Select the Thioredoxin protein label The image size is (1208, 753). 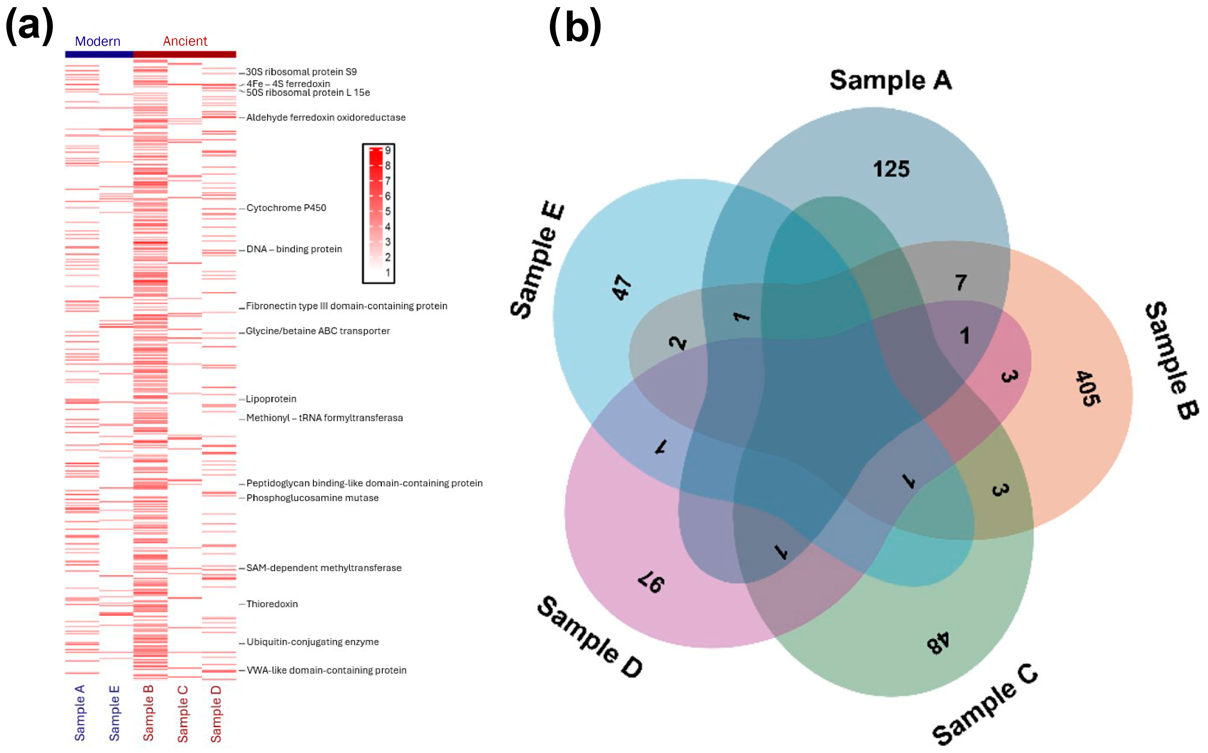tap(272, 604)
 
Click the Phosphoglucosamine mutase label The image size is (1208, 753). tap(312, 497)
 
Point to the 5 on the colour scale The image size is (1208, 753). tap(388, 211)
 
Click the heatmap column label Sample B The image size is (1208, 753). tap(148, 713)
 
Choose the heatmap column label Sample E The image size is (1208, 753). tap(114, 713)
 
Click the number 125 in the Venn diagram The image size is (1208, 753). tap(891, 169)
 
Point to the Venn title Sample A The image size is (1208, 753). tap(891, 80)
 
